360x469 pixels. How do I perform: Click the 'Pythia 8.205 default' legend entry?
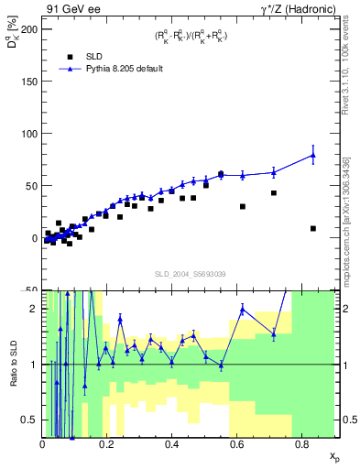pos(123,69)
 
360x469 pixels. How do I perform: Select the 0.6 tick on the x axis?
pos(237,444)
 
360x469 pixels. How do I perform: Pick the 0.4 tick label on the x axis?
pos(172,444)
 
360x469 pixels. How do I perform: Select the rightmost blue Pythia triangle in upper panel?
pos(313,155)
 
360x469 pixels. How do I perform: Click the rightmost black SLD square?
pos(313,228)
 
